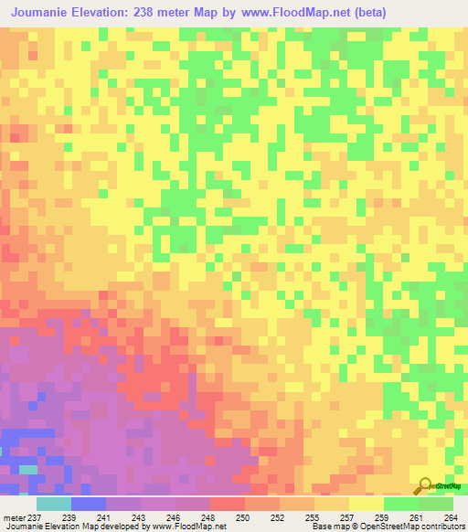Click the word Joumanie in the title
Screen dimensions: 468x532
pyautogui.click(x=44, y=13)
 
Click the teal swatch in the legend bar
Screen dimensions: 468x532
pyautogui.click(x=53, y=504)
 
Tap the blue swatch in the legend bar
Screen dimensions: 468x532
pyautogui.click(x=88, y=504)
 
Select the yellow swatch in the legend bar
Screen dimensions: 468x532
pyautogui.click(x=366, y=504)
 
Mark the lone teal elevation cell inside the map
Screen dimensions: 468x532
pyautogui.click(x=29, y=470)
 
